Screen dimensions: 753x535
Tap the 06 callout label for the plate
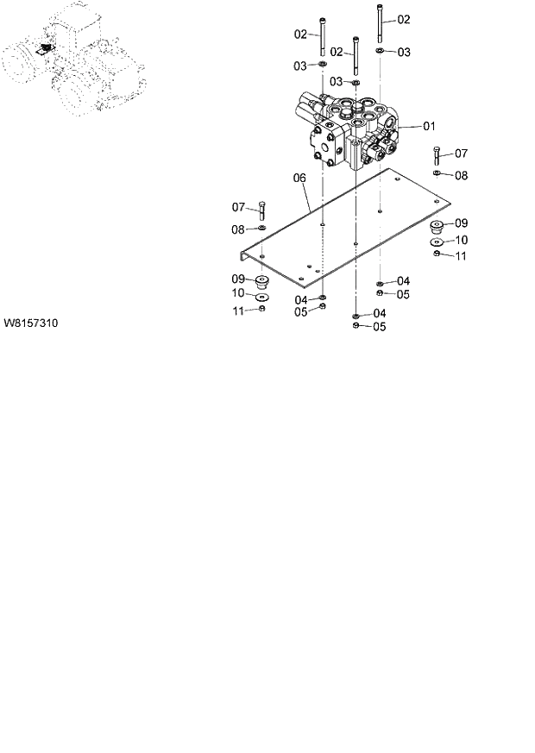(x=299, y=179)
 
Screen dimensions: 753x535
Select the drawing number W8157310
(x=31, y=323)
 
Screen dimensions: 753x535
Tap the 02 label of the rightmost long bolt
(x=403, y=19)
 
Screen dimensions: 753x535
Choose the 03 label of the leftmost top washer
(x=299, y=66)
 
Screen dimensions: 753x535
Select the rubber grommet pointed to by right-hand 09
(x=437, y=228)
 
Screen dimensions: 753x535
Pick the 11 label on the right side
(x=461, y=256)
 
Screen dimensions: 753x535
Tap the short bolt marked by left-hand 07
(x=262, y=210)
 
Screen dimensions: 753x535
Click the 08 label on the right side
(x=461, y=175)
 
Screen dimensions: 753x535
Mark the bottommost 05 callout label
(x=379, y=327)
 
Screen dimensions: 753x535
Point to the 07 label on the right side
(x=461, y=154)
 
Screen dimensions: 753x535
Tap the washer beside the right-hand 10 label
(x=437, y=242)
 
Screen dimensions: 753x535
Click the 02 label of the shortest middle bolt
(x=337, y=52)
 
